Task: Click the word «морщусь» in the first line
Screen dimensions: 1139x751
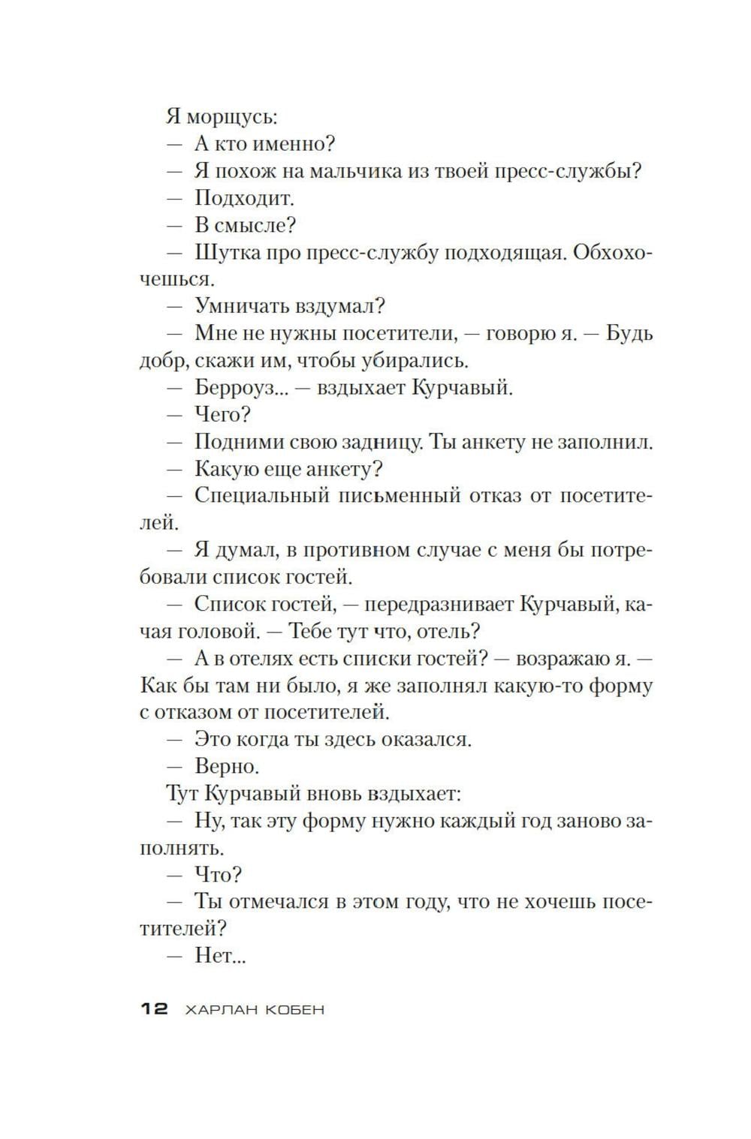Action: coord(231,118)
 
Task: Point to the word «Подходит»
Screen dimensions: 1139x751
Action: coord(243,198)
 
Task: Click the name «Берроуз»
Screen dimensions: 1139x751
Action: coord(242,388)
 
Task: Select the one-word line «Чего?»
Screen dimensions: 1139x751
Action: coord(222,415)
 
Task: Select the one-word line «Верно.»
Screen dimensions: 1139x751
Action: coord(227,766)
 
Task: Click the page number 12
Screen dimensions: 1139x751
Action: coord(154,1009)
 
